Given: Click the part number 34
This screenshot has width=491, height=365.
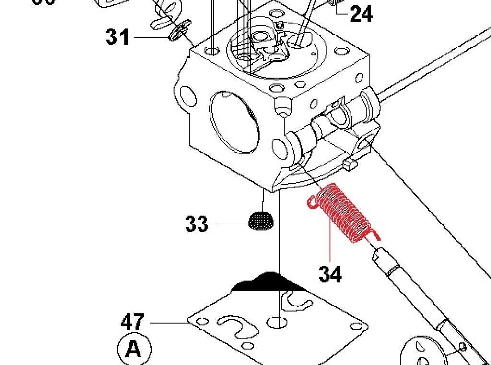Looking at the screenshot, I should tap(330, 274).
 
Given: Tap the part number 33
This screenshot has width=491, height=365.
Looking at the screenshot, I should tap(197, 224).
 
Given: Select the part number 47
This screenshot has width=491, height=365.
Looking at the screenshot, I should tap(133, 321).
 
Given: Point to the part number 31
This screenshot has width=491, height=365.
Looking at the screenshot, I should tap(118, 37).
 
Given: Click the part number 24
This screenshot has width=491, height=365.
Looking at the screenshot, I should tap(361, 14).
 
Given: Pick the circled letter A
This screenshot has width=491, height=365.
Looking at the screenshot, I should tap(134, 349).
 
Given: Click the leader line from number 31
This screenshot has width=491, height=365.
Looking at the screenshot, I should tap(151, 37).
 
